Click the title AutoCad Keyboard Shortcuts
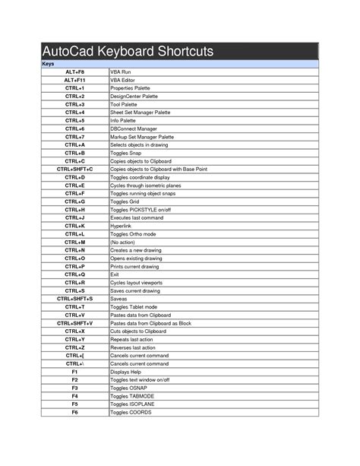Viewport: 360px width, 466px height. [128, 52]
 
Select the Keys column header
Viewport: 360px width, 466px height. [48, 64]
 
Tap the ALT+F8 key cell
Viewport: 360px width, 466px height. [74, 71]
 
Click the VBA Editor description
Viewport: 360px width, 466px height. [122, 80]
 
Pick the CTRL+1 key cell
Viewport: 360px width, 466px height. [74, 88]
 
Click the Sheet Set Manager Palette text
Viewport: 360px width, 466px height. [141, 113]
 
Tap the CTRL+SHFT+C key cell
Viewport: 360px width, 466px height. [74, 170]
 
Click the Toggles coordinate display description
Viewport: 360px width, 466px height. [140, 177]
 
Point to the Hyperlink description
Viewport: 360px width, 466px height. [121, 227]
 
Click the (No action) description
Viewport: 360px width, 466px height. [124, 243]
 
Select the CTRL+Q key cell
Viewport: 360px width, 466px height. [74, 274]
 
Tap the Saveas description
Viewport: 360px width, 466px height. [119, 299]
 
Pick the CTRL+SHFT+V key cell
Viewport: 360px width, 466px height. [74, 323]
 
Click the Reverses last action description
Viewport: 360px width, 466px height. [134, 347]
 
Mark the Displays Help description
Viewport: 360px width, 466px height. [127, 372]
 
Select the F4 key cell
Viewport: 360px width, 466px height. [74, 396]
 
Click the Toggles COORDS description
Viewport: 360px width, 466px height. [131, 412]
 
